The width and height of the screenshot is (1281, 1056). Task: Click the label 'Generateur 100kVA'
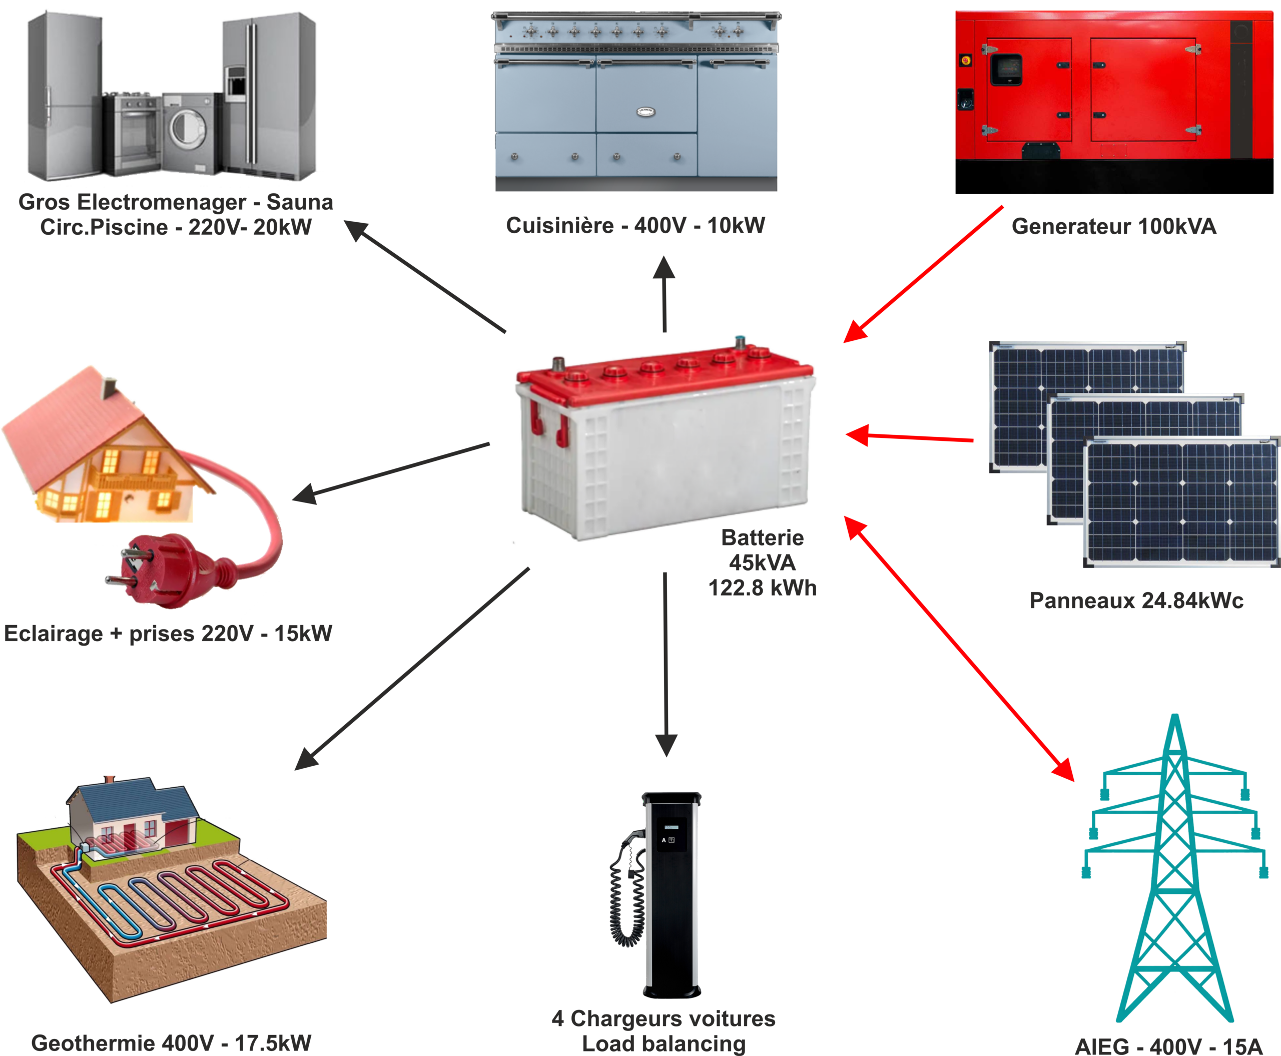[x=1114, y=226]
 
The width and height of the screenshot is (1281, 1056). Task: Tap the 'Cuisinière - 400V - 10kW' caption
[x=635, y=226]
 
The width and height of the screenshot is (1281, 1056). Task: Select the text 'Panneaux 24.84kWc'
[x=1135, y=601]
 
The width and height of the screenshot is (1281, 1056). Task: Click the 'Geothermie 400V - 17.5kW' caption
[x=171, y=1042]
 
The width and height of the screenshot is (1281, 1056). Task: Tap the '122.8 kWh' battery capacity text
[x=762, y=588]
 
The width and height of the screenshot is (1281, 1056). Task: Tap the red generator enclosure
[x=1113, y=85]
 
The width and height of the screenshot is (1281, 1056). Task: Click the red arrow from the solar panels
[x=909, y=437]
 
